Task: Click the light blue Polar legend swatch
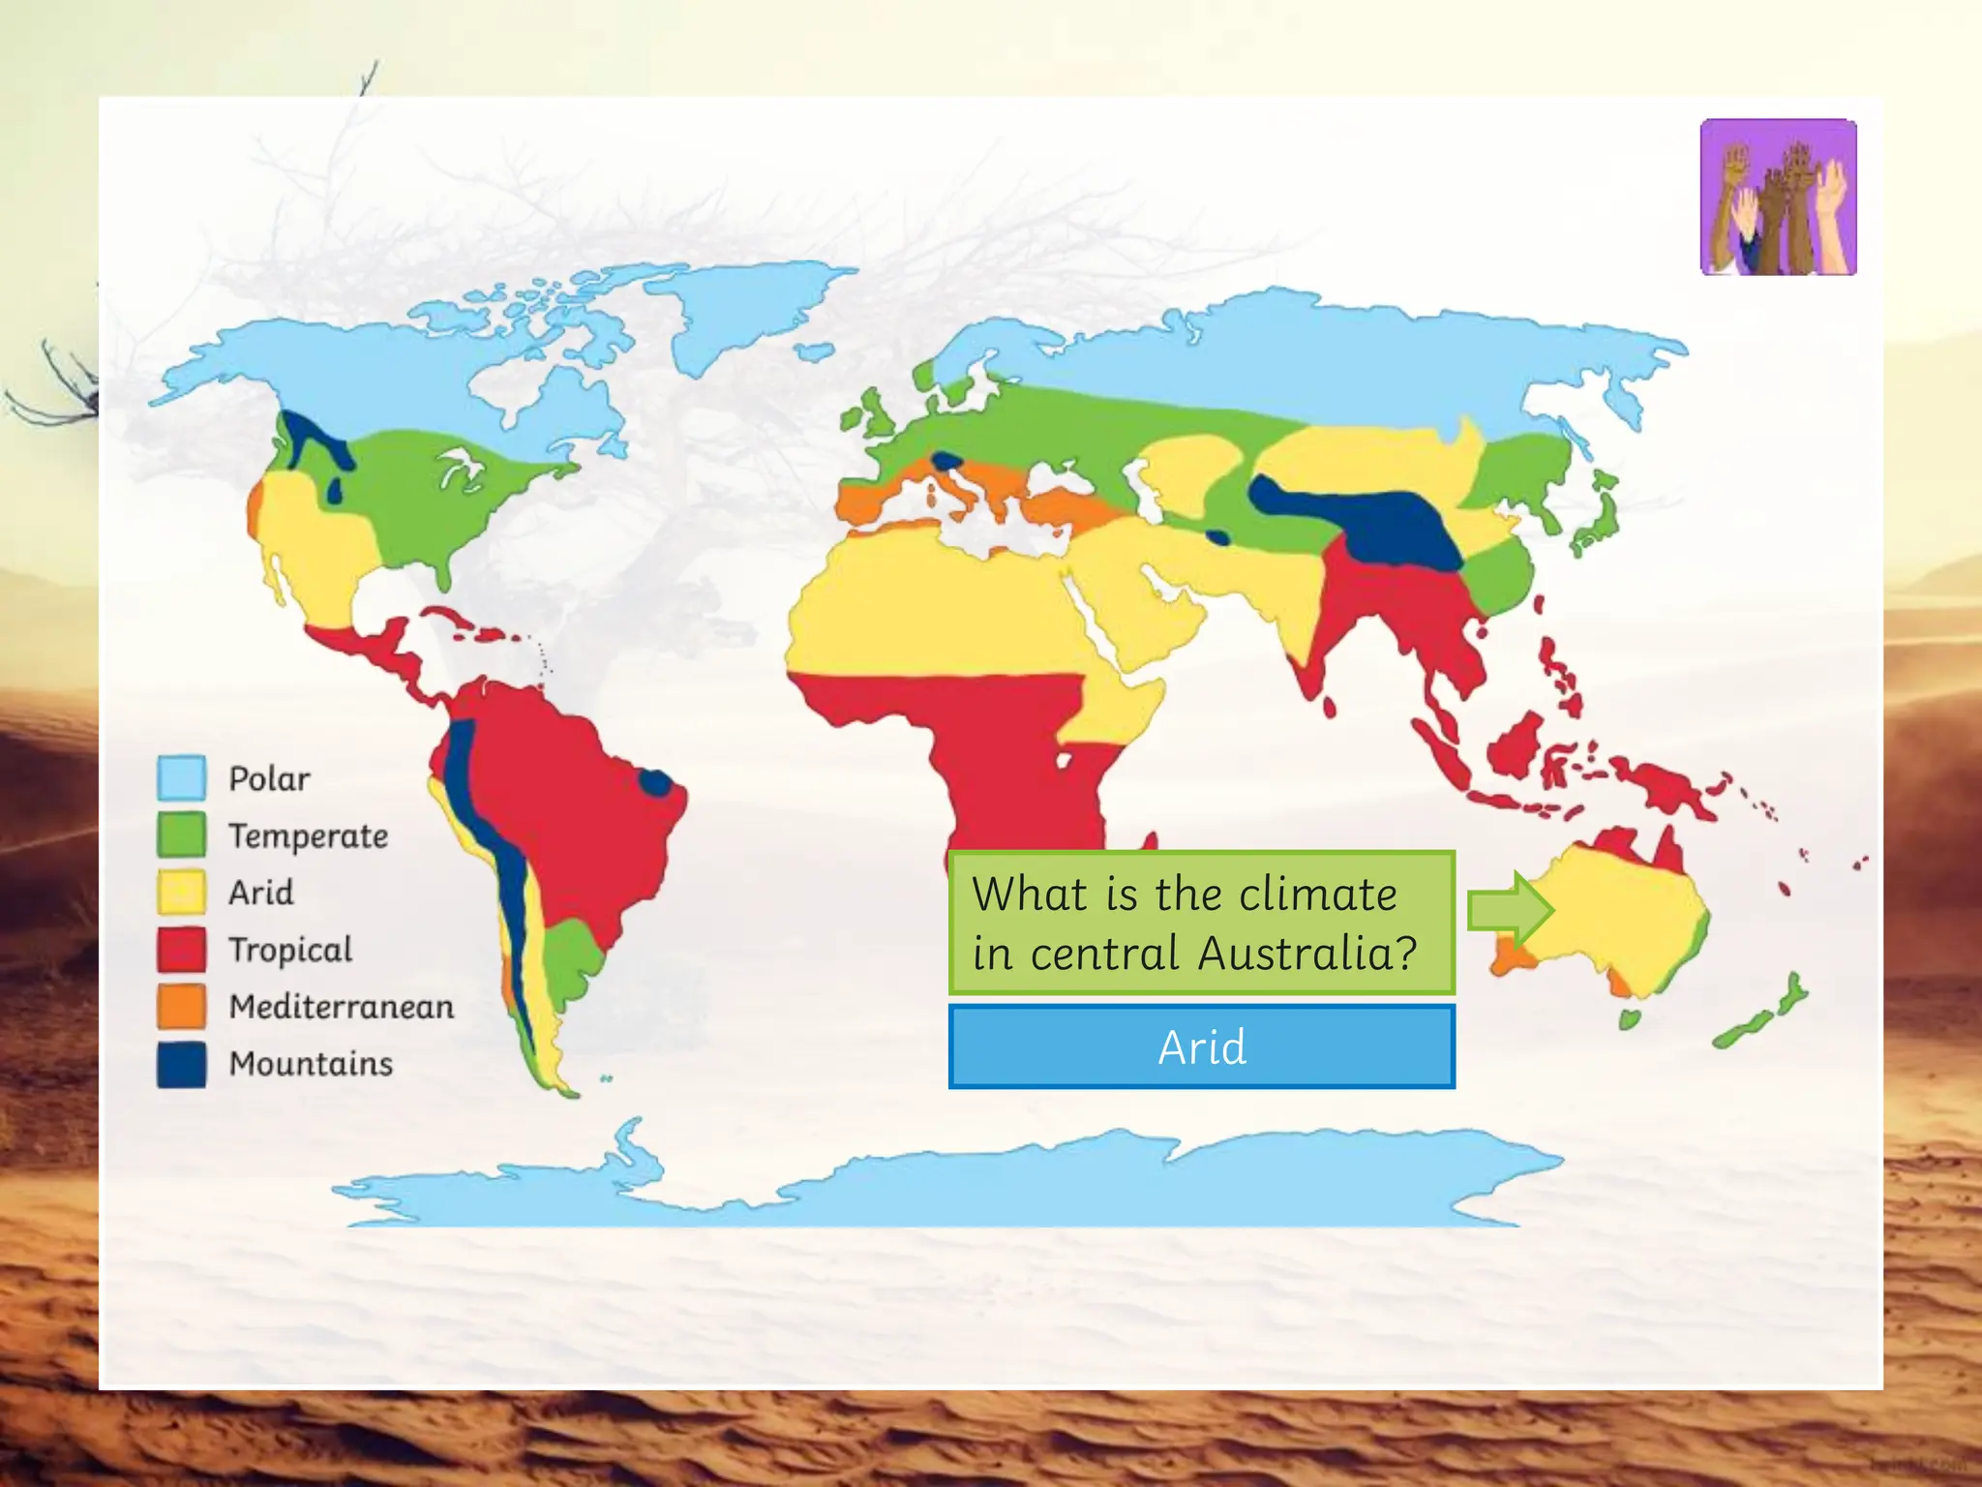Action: pyautogui.click(x=181, y=777)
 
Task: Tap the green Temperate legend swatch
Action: pyautogui.click(x=181, y=835)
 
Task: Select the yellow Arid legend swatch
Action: pyautogui.click(x=181, y=892)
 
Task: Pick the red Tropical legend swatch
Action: pyautogui.click(x=181, y=949)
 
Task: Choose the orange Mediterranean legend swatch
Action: pyautogui.click(x=181, y=1006)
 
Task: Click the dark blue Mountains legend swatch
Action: pyautogui.click(x=181, y=1063)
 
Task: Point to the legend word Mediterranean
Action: pyautogui.click(x=341, y=1007)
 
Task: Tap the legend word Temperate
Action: pyautogui.click(x=308, y=835)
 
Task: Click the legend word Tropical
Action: pyautogui.click(x=290, y=950)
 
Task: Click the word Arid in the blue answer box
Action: pyautogui.click(x=1202, y=1047)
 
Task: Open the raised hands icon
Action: pyautogui.click(x=1778, y=197)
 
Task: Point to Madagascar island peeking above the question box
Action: pyautogui.click(x=1150, y=840)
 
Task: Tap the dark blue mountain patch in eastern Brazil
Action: pyautogui.click(x=655, y=782)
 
